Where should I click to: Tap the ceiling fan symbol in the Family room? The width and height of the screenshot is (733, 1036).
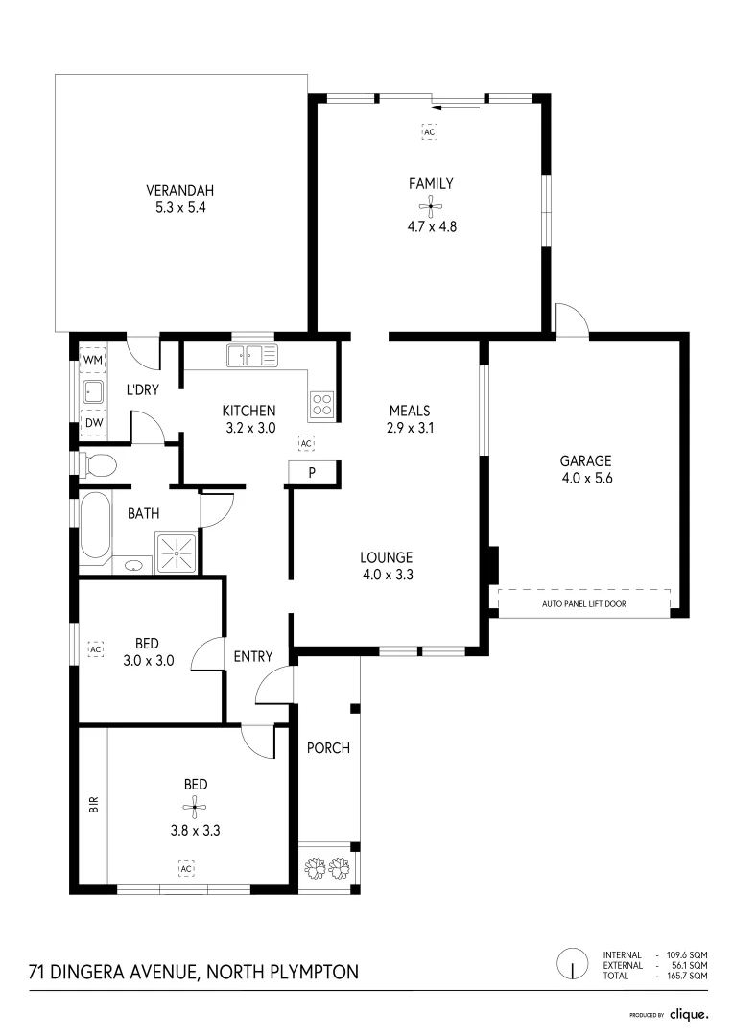pos(431,205)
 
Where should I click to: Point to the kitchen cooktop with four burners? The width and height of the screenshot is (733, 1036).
pos(322,406)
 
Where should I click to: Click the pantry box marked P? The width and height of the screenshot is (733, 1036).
pos(313,472)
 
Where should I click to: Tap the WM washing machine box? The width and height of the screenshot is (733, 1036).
pos(93,360)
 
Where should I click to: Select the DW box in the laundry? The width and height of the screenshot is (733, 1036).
pos(93,423)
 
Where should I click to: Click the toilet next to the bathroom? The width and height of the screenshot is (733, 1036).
pos(98,466)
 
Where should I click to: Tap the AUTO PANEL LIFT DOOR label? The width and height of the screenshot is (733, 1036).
pos(583,603)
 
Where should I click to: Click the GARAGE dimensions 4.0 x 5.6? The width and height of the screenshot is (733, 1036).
pos(586,479)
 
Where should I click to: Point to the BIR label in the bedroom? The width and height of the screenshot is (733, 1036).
pos(94,805)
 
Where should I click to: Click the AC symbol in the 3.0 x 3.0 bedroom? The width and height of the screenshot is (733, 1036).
pos(95,649)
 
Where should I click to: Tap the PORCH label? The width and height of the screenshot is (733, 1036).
pos(328,748)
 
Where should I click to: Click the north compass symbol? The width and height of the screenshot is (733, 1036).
pos(572,964)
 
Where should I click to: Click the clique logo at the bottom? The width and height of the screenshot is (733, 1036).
pos(688,1013)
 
